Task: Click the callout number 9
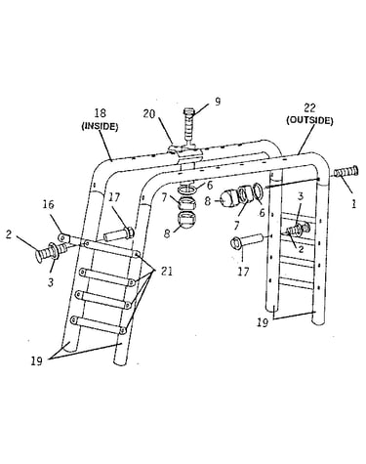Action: pos(218,102)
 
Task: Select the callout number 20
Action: pos(150,114)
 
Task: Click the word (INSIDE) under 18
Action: pos(100,126)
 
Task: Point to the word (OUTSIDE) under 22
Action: pos(309,120)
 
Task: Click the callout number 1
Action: pos(354,204)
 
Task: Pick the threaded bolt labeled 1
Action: pos(346,172)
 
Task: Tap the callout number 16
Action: pos(49,204)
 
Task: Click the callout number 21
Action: pos(166,271)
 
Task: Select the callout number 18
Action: pos(100,113)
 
